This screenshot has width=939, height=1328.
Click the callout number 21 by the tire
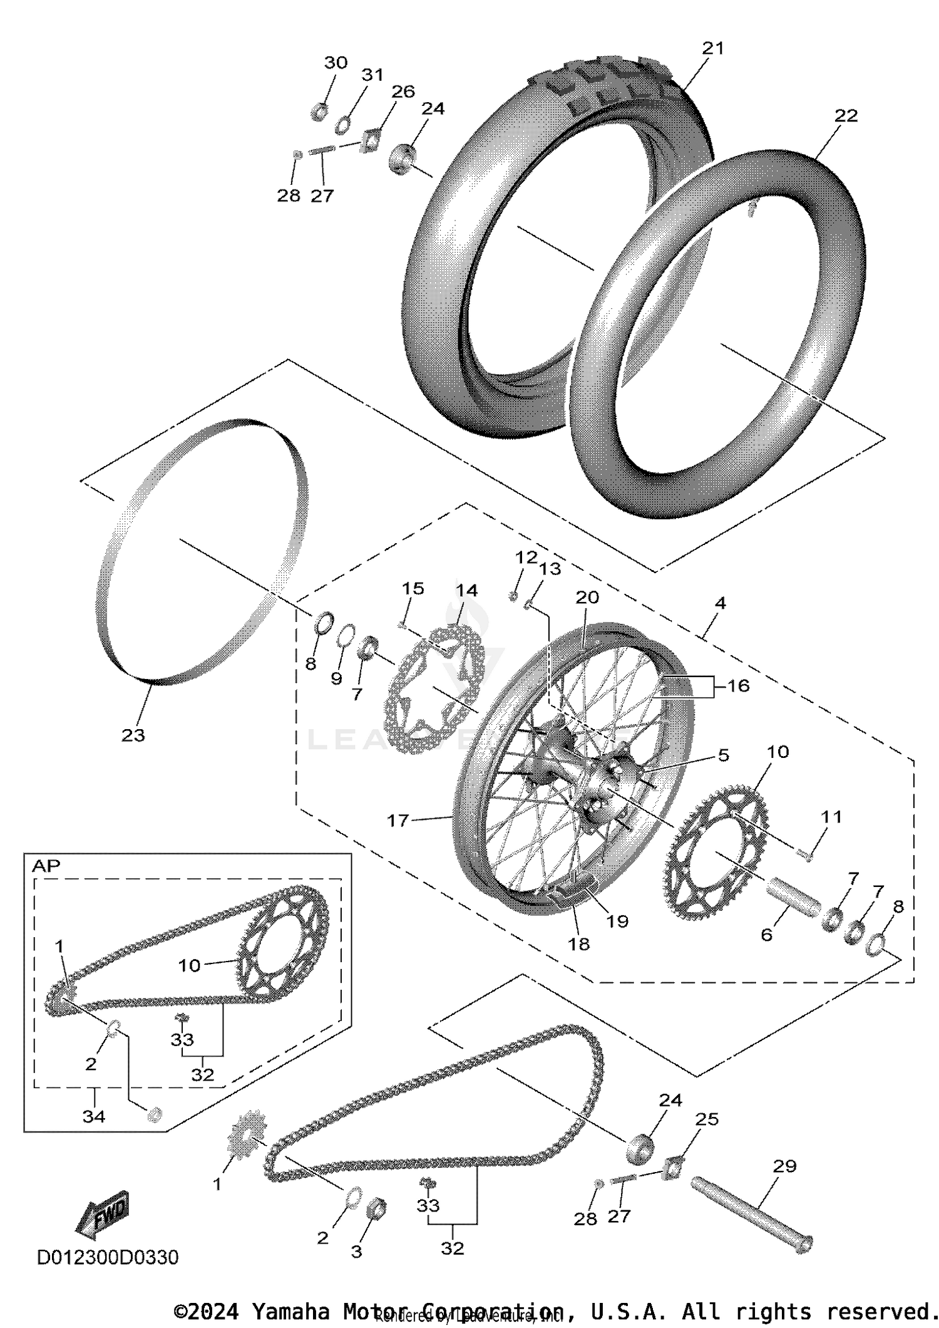point(712,48)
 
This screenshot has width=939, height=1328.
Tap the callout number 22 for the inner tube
point(845,116)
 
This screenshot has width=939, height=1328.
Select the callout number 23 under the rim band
point(133,735)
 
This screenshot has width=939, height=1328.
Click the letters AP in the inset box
point(46,866)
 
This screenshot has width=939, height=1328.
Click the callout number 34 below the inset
point(94,1116)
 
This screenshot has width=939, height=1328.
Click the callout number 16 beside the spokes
point(737,686)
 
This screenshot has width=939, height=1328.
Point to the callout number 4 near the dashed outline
point(720,603)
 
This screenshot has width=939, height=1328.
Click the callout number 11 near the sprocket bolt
point(831,817)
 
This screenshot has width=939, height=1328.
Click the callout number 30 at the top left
point(336,63)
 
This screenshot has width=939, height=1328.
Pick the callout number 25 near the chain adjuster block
point(707,1119)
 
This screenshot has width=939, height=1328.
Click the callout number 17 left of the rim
point(398,820)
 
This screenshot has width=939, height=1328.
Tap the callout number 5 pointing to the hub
point(723,755)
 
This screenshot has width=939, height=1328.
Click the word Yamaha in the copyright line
point(290,1311)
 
